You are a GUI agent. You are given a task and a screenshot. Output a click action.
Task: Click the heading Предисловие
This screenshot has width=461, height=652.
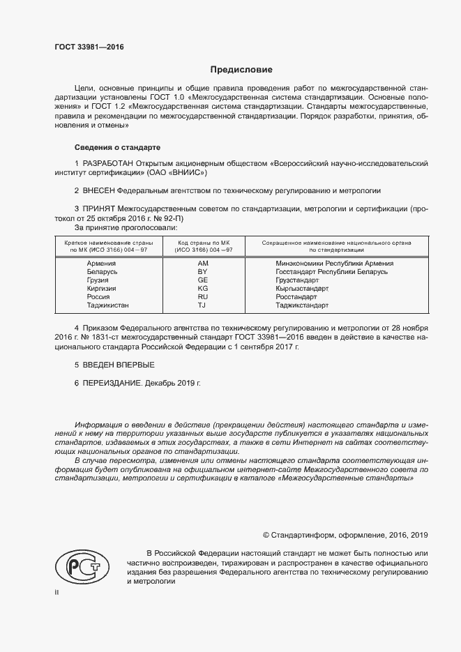241,70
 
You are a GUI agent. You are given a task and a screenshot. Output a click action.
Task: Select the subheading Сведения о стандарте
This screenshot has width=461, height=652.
117,148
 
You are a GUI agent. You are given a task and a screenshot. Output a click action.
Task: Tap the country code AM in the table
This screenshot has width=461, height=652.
203,264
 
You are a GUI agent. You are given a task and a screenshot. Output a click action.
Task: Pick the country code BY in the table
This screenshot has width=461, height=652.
203,272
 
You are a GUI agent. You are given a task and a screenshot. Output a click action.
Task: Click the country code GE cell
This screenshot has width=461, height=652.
203,280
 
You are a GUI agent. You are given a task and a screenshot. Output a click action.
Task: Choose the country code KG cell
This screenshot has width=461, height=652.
203,289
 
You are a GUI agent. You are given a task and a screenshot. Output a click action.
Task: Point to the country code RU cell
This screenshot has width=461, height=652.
203,297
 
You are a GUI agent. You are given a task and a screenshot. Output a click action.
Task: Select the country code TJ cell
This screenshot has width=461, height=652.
203,305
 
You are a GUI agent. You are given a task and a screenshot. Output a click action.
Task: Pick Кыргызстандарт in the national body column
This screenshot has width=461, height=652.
302,289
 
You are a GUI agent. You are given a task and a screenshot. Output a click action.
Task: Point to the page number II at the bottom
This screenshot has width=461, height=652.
57,593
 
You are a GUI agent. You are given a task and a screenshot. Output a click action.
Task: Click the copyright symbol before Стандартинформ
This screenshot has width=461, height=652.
266,535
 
